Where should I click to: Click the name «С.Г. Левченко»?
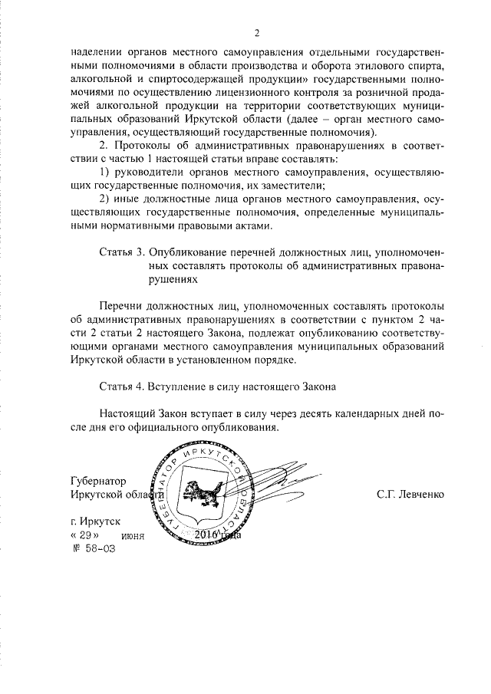(x=410, y=495)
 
